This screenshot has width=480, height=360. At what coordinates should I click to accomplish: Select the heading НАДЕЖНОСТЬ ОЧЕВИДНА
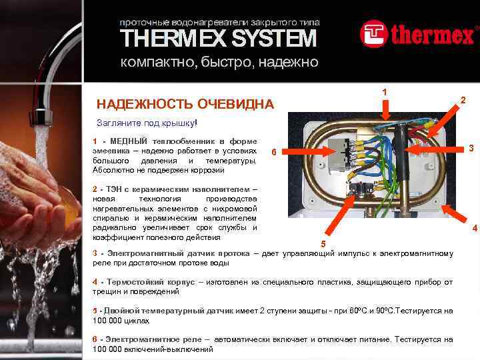click(x=185, y=104)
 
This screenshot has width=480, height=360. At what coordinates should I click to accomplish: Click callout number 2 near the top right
click(x=463, y=99)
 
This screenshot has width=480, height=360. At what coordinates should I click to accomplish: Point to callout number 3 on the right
click(x=471, y=148)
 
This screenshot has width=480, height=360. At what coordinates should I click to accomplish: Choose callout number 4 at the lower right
click(x=474, y=229)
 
